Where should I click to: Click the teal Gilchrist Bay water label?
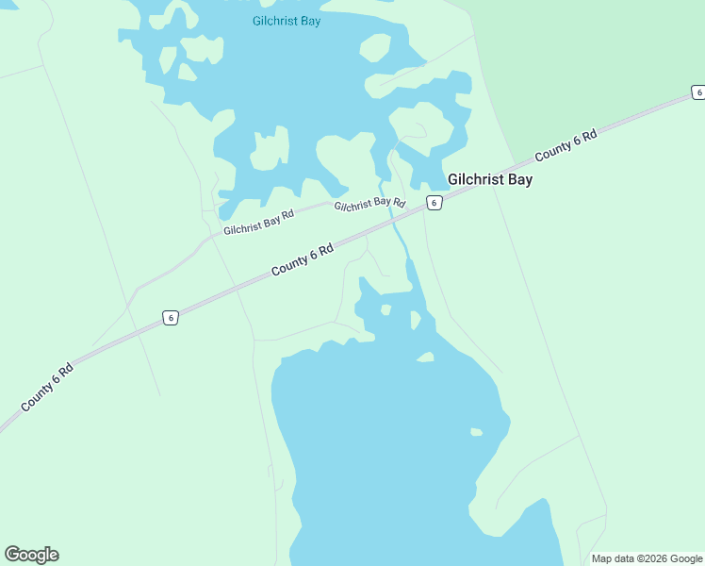287,21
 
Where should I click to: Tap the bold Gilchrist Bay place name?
489,179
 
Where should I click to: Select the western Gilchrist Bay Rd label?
258,222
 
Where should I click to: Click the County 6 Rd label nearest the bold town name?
566,146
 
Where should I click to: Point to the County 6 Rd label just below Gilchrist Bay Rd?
303,260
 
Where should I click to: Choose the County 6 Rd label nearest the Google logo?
47,387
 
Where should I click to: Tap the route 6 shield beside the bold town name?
433,203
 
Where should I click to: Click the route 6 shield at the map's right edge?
697,92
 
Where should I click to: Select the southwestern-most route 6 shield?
170,318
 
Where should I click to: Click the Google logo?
31,555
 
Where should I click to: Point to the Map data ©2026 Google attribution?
647,558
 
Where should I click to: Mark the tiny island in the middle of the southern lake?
476,433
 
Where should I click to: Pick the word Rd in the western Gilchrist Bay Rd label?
287,214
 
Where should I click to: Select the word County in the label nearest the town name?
553,153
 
